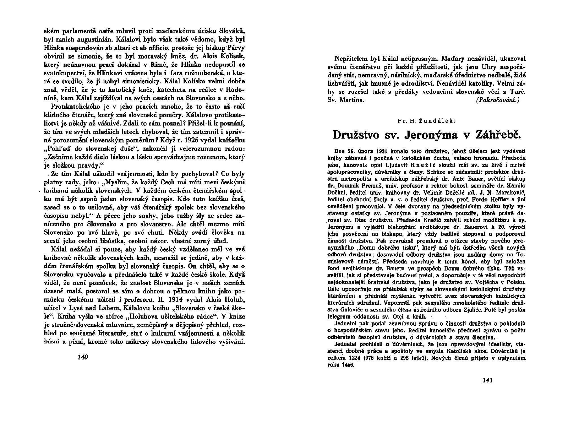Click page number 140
point(83,357)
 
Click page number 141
point(488,380)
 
